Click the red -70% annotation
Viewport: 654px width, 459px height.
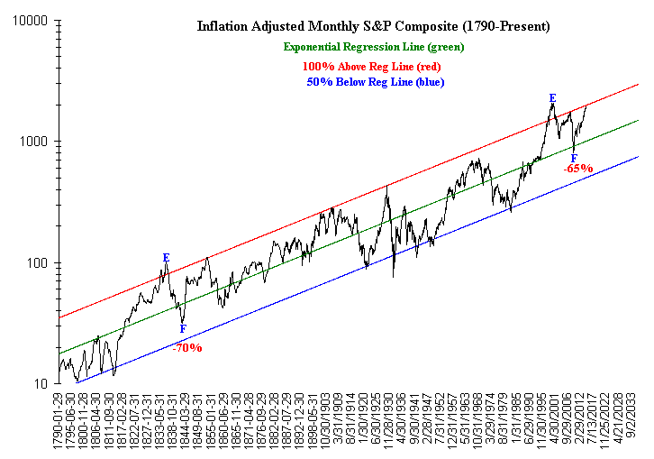187,347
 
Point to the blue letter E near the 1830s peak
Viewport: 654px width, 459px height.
166,258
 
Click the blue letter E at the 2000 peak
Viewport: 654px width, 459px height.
552,97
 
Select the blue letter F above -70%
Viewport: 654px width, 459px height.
183,329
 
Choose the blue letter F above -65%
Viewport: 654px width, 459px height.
574,159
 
